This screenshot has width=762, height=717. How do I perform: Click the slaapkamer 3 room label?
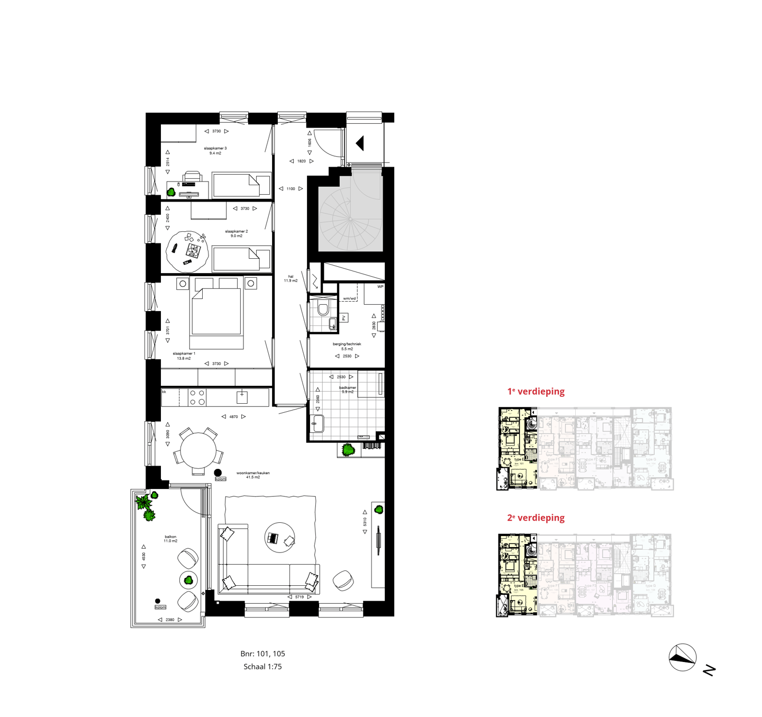215,150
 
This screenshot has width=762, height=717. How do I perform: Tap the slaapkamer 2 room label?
236,233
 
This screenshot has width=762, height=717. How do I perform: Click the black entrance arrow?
360,143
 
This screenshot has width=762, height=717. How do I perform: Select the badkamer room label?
348,389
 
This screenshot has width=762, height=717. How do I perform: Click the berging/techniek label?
347,346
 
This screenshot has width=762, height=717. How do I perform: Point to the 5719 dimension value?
300,597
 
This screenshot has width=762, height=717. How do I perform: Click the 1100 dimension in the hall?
291,188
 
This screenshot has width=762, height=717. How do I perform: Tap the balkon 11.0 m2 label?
170,539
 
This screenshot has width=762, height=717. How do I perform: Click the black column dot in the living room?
217,473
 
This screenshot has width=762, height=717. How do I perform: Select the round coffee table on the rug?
279,538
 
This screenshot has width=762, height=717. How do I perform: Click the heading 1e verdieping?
536,392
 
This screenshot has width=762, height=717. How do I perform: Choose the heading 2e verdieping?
536,518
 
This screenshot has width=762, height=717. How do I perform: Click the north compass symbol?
683,657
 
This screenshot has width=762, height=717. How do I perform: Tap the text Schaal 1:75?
262,667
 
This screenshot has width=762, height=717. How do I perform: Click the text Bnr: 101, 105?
262,654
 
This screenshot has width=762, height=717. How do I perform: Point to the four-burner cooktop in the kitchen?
197,397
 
